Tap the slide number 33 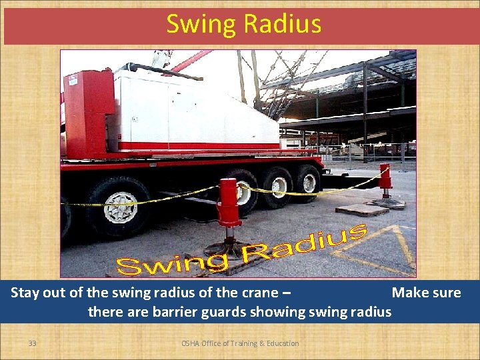[32, 343]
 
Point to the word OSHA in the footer [192, 343]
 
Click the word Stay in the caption [26, 293]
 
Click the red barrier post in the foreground [229, 203]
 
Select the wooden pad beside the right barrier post [362, 209]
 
